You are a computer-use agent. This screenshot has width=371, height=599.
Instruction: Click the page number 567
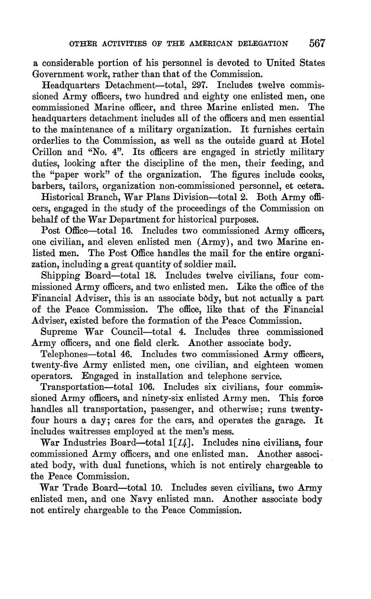318,43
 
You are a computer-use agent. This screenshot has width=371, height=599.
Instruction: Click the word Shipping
60,276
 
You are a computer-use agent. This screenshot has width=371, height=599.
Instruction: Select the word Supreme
59,332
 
